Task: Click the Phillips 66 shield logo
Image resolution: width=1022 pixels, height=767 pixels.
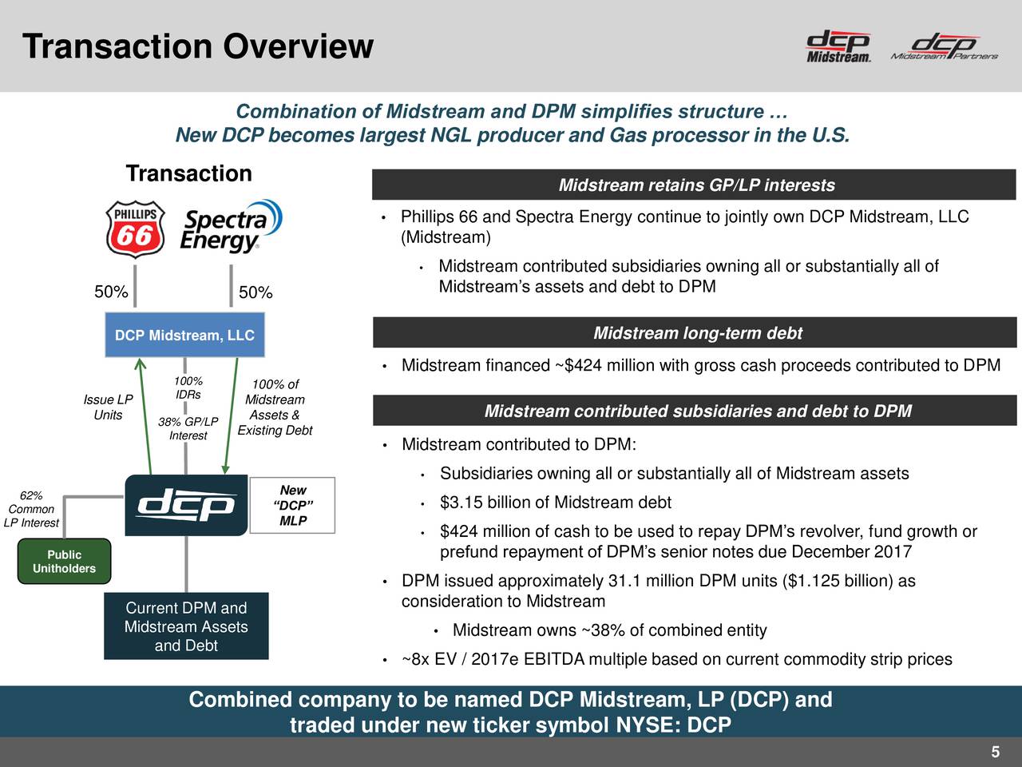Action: [135, 229]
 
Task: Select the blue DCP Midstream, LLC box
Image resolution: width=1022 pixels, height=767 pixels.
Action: [184, 336]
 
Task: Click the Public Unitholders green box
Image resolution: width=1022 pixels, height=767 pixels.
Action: [64, 562]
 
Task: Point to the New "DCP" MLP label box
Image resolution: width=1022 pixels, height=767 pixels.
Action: [293, 506]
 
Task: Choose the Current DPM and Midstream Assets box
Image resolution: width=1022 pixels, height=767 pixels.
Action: [186, 626]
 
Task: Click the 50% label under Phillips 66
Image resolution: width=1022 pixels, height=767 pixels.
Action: [111, 292]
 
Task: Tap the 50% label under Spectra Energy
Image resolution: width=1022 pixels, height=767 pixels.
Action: [255, 293]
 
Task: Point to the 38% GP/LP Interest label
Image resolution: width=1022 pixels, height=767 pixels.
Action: [188, 429]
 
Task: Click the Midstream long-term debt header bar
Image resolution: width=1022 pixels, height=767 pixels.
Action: [695, 333]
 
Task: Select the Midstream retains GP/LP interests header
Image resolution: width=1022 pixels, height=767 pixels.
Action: [695, 185]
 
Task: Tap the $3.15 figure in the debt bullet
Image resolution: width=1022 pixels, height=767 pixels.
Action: [461, 503]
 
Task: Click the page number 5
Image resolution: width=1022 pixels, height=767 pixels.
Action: [995, 752]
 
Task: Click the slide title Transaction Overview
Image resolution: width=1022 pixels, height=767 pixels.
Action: [198, 46]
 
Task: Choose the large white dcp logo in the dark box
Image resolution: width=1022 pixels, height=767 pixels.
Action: [186, 506]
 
